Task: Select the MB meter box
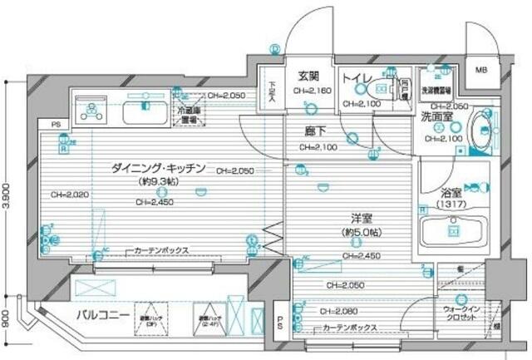point(481,71)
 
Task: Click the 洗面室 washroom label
point(437,117)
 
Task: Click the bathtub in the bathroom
point(454,229)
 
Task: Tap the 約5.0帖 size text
point(362,232)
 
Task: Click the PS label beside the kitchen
point(56,126)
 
